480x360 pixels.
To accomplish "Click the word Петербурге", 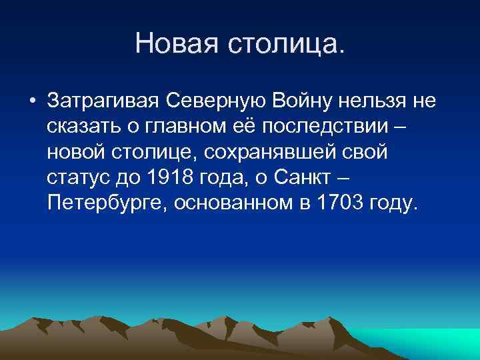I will [x=107, y=203].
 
